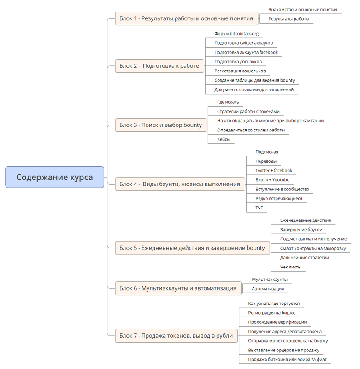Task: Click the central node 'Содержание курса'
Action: (54, 177)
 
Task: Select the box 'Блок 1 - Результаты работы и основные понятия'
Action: (186, 18)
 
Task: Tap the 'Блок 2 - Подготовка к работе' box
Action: (159, 66)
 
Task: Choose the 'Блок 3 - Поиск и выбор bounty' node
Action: (160, 125)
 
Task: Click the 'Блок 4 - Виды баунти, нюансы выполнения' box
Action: (179, 184)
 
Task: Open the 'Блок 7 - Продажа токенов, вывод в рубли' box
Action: (176, 335)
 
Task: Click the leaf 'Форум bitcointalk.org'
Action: (236, 34)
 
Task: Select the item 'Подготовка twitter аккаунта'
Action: (243, 43)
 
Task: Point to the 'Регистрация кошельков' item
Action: (240, 71)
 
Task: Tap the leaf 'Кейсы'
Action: (224, 139)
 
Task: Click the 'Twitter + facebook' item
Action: (274, 170)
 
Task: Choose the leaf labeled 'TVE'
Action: (260, 208)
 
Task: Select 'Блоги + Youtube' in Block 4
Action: (272, 180)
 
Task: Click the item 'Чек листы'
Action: (291, 267)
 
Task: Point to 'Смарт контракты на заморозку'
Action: (313, 248)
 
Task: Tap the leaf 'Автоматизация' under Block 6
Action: (267, 289)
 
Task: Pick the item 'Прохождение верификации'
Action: (277, 322)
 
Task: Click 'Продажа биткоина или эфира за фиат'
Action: (287, 359)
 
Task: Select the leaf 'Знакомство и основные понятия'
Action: (303, 9)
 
